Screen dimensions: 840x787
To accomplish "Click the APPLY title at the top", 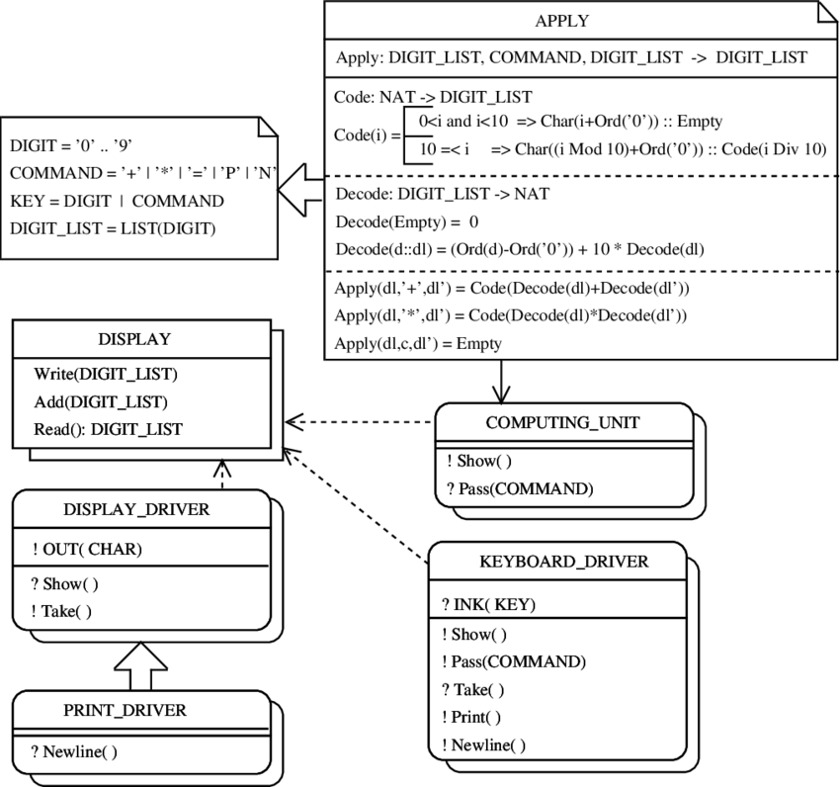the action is pyautogui.click(x=562, y=21).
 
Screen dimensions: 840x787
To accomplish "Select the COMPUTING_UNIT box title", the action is pyautogui.click(x=562, y=422).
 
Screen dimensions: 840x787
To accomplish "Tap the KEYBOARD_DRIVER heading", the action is pyautogui.click(x=563, y=562).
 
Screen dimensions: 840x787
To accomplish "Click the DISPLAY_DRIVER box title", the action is pyautogui.click(x=136, y=509).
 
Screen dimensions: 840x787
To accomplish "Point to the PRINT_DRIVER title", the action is pyautogui.click(x=125, y=710).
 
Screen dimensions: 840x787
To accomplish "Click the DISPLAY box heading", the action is pyautogui.click(x=134, y=339).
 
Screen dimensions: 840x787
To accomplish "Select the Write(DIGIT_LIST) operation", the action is pyautogui.click(x=106, y=374).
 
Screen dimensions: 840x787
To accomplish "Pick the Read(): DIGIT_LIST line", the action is pyautogui.click(x=109, y=429).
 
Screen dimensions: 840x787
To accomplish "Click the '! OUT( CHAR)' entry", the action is pyautogui.click(x=87, y=549).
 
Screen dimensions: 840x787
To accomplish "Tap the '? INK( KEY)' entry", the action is pyautogui.click(x=488, y=604).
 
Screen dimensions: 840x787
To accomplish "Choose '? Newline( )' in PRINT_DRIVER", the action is pyautogui.click(x=74, y=751).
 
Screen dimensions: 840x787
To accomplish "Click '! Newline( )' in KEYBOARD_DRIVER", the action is pyautogui.click(x=484, y=744).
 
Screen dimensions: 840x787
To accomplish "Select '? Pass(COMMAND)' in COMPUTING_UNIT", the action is pyautogui.click(x=520, y=488).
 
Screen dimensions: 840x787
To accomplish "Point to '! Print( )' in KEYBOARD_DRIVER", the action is pyautogui.click(x=470, y=717).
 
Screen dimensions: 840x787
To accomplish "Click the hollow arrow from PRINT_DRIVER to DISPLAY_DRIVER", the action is pyautogui.click(x=140, y=666).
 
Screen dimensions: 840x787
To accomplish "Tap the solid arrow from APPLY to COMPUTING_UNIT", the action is pyautogui.click(x=501, y=382).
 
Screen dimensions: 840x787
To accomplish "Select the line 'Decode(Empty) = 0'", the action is pyautogui.click(x=407, y=221).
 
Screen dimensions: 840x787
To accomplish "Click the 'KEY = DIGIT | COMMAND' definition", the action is pyautogui.click(x=117, y=201).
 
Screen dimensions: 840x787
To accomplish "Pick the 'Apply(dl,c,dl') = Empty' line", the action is pyautogui.click(x=418, y=343).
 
